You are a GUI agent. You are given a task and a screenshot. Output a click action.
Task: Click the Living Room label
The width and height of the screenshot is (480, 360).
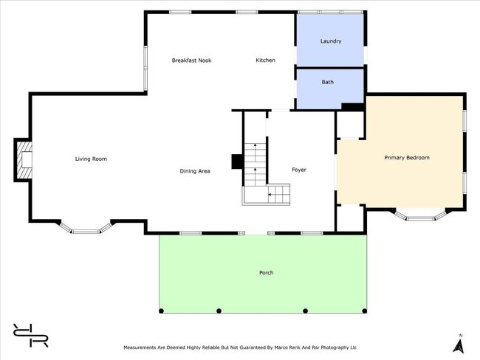(91, 159)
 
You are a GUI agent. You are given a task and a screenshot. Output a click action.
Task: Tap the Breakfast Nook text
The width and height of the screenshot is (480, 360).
(192, 60)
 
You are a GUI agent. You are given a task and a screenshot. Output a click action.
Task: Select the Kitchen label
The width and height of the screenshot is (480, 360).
(265, 60)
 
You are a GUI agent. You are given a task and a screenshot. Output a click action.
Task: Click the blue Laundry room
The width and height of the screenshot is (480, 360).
(330, 40)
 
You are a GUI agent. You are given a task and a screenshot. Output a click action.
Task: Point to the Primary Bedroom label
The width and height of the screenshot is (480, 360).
(407, 158)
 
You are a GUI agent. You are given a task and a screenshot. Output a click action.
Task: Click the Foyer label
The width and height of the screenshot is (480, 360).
(299, 170)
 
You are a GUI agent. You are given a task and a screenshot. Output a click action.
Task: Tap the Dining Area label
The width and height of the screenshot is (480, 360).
(195, 171)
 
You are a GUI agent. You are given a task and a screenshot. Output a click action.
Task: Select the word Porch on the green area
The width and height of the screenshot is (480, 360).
(267, 272)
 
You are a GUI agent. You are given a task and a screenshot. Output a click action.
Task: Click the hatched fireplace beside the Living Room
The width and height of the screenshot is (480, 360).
(24, 160)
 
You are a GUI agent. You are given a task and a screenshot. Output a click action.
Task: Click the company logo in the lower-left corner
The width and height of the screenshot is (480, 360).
(30, 336)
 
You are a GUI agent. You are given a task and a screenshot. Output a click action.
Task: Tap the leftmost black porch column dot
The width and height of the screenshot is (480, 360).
(161, 311)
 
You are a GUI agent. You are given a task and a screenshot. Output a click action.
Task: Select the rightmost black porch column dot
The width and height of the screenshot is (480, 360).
(364, 311)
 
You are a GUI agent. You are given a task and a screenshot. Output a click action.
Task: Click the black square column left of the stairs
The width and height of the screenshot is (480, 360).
(237, 162)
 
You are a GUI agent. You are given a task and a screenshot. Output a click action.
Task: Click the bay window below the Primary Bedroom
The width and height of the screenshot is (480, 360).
(421, 215)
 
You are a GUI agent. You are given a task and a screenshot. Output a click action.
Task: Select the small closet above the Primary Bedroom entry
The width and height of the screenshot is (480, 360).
(349, 125)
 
